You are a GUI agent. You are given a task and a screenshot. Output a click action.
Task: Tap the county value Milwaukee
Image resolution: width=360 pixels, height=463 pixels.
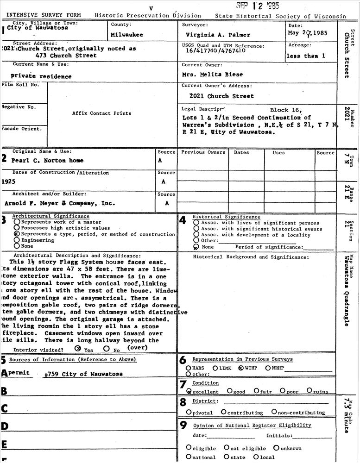tap(127, 35)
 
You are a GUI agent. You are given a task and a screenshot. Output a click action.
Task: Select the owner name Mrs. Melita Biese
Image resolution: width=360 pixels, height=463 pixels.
tap(212, 74)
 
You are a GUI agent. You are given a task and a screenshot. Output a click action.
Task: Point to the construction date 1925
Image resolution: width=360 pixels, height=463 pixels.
tap(8, 181)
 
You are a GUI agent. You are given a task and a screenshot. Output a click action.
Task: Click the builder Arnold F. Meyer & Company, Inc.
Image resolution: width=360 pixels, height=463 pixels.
tap(60, 203)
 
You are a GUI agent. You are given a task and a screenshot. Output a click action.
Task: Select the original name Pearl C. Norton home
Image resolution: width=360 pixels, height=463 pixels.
tap(48, 160)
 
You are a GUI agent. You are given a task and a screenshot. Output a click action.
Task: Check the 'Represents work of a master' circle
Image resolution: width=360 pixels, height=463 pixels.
tap(17, 222)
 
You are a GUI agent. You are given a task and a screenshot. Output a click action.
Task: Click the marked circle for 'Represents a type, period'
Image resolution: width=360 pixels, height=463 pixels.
tap(17, 234)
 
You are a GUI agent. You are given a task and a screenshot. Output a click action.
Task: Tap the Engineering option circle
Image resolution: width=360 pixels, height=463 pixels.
tap(17, 240)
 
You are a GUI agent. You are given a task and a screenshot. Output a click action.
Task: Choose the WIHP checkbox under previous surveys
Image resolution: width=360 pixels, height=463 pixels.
tap(240, 368)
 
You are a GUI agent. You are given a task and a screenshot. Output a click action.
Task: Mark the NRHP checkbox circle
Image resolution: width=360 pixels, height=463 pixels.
tap(268, 368)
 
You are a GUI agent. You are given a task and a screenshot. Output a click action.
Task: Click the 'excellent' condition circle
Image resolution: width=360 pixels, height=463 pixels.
tap(189, 391)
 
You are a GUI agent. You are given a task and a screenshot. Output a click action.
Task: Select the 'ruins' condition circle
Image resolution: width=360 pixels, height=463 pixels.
tap(309, 391)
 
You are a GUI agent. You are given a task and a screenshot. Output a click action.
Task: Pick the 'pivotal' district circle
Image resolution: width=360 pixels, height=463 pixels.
tap(189, 412)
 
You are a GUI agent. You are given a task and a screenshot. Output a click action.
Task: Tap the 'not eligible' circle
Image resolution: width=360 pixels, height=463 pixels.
tap(227, 448)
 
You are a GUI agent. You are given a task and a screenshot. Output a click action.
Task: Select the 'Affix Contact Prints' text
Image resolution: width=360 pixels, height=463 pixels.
tap(101, 113)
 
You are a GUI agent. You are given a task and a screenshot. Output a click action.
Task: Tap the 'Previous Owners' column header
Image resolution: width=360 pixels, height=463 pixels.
tap(203, 152)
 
